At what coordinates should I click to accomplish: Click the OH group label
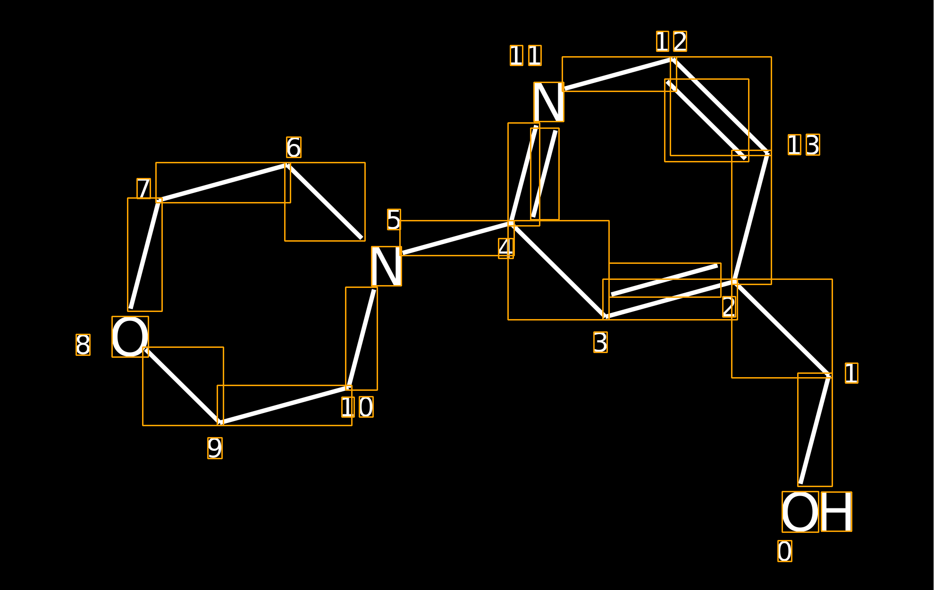point(816,512)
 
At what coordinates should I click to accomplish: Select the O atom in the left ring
point(130,337)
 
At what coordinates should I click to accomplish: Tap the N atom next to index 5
point(387,266)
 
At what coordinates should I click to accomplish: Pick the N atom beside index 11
point(549,102)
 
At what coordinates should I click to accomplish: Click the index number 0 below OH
point(785,551)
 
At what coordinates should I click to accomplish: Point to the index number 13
point(804,145)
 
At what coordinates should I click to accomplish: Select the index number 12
point(672,42)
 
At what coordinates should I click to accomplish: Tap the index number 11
point(526,56)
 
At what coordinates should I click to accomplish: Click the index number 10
point(357,407)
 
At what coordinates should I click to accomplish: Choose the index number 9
point(215,448)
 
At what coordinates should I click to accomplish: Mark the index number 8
point(83,345)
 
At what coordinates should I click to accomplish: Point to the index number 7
point(143,189)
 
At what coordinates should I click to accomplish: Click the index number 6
point(294,147)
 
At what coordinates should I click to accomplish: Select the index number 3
point(600,342)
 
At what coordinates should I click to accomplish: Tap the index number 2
point(729,307)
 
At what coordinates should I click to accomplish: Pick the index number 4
point(506,248)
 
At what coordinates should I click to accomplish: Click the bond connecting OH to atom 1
point(815,430)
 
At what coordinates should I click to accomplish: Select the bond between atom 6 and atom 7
point(223,183)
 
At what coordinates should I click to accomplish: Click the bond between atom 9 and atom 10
point(285,405)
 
